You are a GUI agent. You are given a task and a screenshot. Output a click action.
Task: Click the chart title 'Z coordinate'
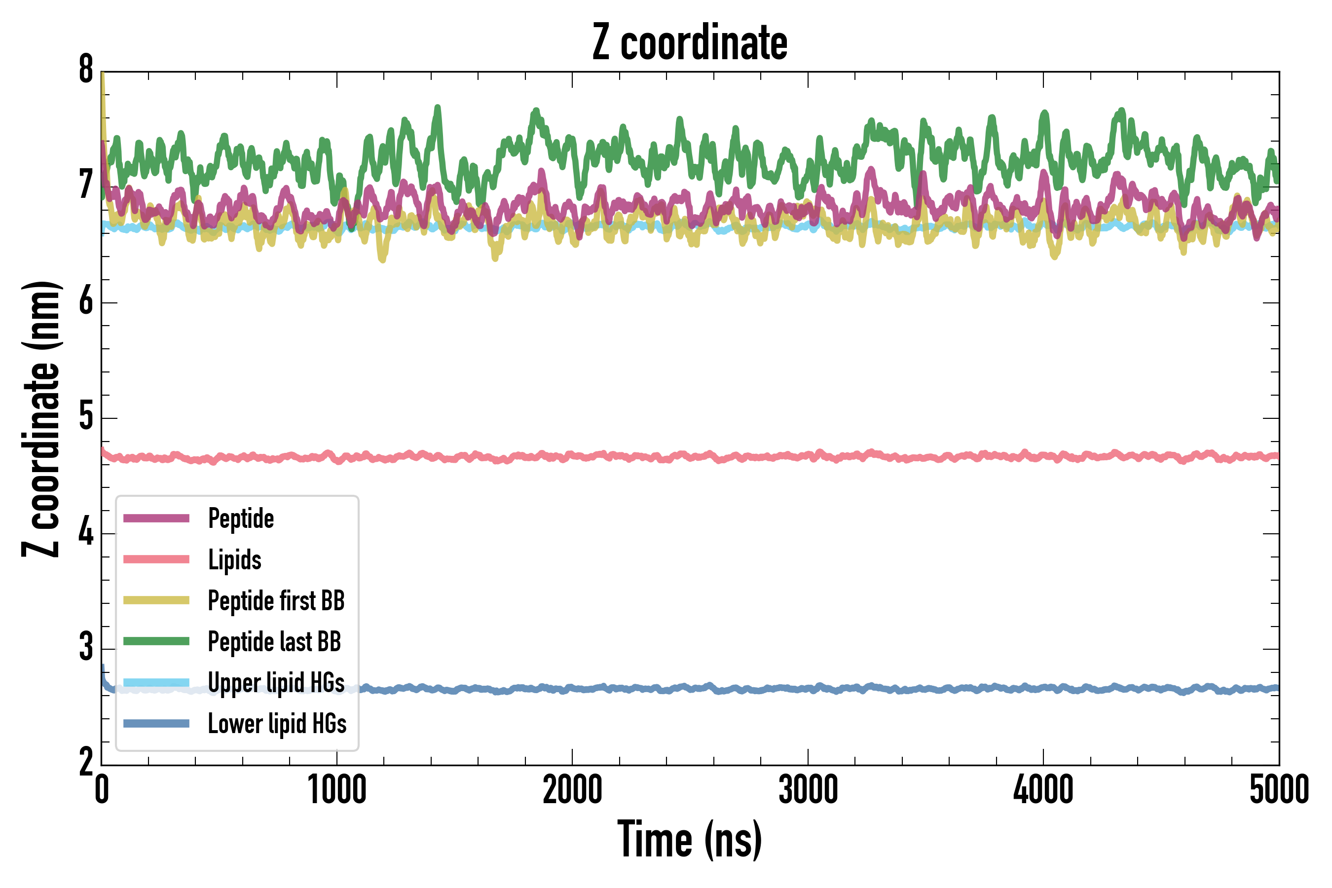tap(689, 43)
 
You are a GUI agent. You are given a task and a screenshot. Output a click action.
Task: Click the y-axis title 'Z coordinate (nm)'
tap(41, 419)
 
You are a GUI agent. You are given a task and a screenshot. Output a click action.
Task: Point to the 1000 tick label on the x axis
tap(337, 789)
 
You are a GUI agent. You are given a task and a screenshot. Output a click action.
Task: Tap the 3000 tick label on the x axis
tap(808, 789)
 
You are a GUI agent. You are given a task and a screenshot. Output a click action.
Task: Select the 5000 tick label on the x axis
tap(1279, 789)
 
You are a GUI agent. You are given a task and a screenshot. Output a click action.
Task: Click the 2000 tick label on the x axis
tap(572, 789)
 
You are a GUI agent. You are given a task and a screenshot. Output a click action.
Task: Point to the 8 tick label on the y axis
tap(86, 70)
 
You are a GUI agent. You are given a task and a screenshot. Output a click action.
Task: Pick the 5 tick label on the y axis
tap(86, 417)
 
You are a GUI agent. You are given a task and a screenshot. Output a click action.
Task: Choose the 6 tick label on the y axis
tap(86, 301)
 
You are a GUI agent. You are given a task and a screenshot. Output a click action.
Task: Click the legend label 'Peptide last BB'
tap(274, 642)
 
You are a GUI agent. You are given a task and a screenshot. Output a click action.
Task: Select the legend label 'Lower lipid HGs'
tap(277, 724)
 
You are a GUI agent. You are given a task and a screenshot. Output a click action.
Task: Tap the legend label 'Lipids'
tap(234, 559)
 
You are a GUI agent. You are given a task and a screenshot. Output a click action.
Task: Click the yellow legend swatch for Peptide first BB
tap(156, 600)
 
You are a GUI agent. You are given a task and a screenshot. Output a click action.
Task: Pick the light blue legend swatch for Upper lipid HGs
tap(156, 682)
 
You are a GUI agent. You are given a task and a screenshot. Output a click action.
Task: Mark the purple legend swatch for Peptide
tap(156, 518)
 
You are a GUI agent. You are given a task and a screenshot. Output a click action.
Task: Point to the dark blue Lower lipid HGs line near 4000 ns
tap(1043, 689)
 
